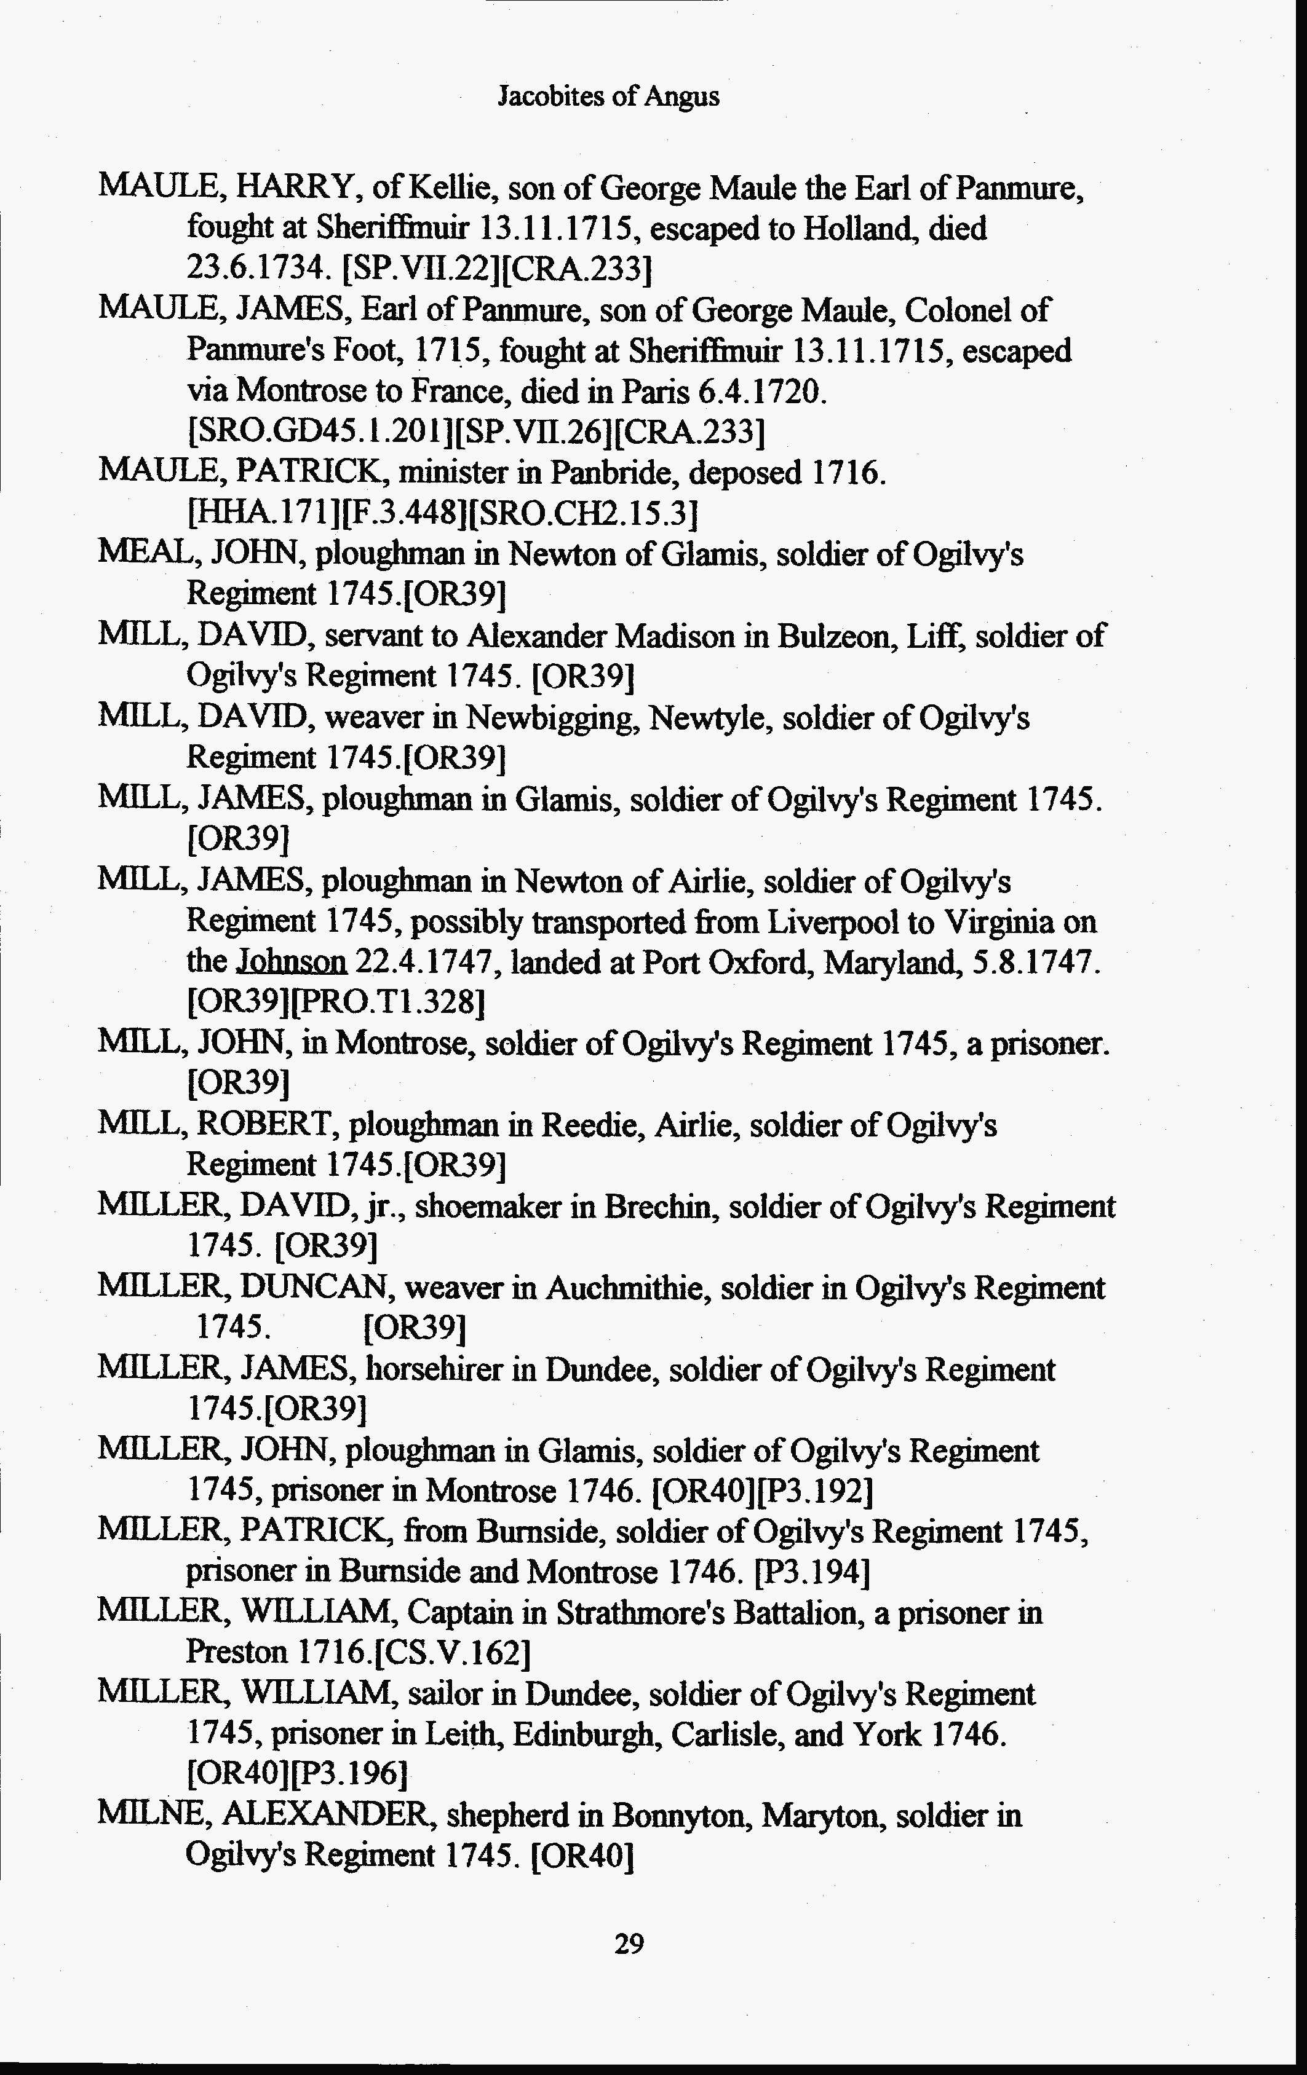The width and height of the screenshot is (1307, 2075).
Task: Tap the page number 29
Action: click(629, 1944)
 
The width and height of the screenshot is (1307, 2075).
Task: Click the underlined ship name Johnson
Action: click(292, 962)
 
